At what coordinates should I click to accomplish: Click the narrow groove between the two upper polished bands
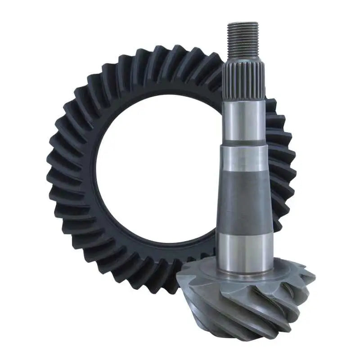243,146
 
